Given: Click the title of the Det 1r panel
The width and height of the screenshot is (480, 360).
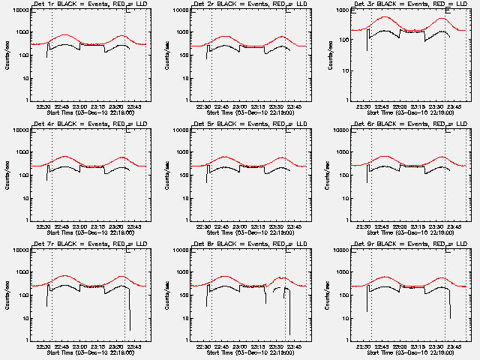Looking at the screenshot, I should click(83, 5).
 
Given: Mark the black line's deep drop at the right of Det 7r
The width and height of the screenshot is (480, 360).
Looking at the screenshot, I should click(130, 328).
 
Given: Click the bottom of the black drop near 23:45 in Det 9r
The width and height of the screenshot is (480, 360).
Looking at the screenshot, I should click(450, 317).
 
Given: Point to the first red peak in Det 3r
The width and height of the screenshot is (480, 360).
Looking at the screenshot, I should click(385, 16).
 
